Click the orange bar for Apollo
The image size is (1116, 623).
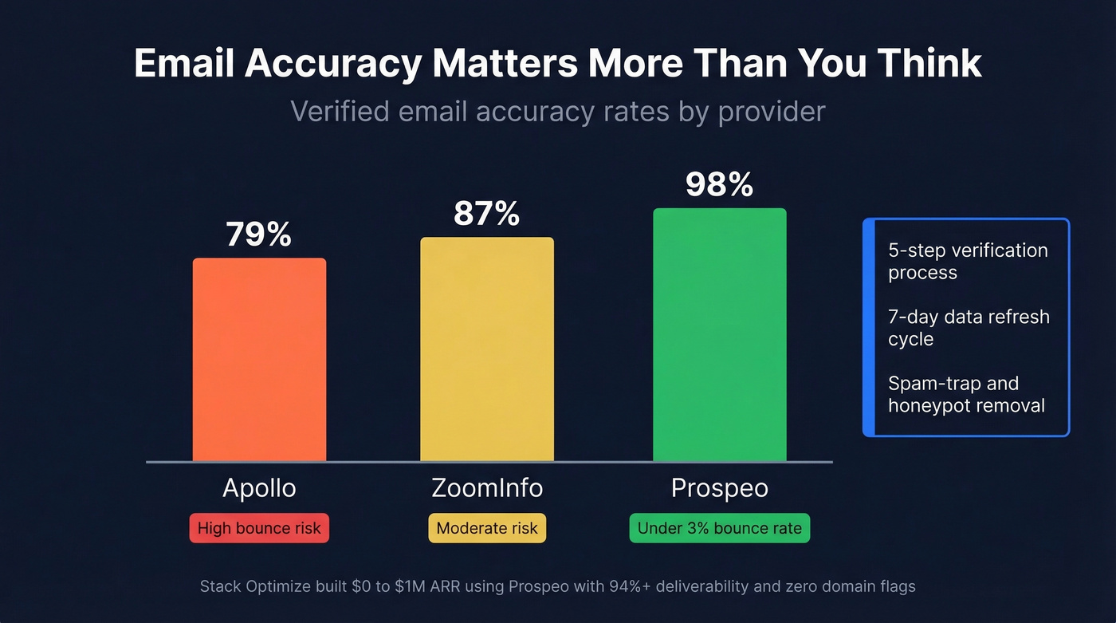pyautogui.click(x=259, y=360)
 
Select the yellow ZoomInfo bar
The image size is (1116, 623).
pyautogui.click(x=487, y=349)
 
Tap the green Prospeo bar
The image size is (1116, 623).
pyautogui.click(x=719, y=335)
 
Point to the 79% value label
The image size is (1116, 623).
pyautogui.click(x=258, y=235)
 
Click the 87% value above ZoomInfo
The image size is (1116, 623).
pyautogui.click(x=486, y=214)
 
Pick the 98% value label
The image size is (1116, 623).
pyautogui.click(x=719, y=184)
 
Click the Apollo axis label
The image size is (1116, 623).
pyautogui.click(x=259, y=488)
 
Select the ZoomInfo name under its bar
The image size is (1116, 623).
pyautogui.click(x=487, y=488)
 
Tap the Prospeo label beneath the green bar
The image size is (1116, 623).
pyautogui.click(x=719, y=488)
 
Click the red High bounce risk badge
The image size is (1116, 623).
pyautogui.click(x=259, y=528)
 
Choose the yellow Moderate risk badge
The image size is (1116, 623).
pyautogui.click(x=487, y=528)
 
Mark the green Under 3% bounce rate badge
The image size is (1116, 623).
pyautogui.click(x=719, y=528)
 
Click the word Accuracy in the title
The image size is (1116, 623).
pyautogui.click(x=332, y=64)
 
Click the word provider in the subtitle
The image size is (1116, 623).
pyautogui.click(x=771, y=112)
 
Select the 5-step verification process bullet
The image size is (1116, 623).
pyautogui.click(x=968, y=261)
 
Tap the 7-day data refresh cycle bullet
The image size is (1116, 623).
pyautogui.click(x=969, y=328)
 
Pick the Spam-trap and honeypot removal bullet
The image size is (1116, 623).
pyautogui.click(x=966, y=394)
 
